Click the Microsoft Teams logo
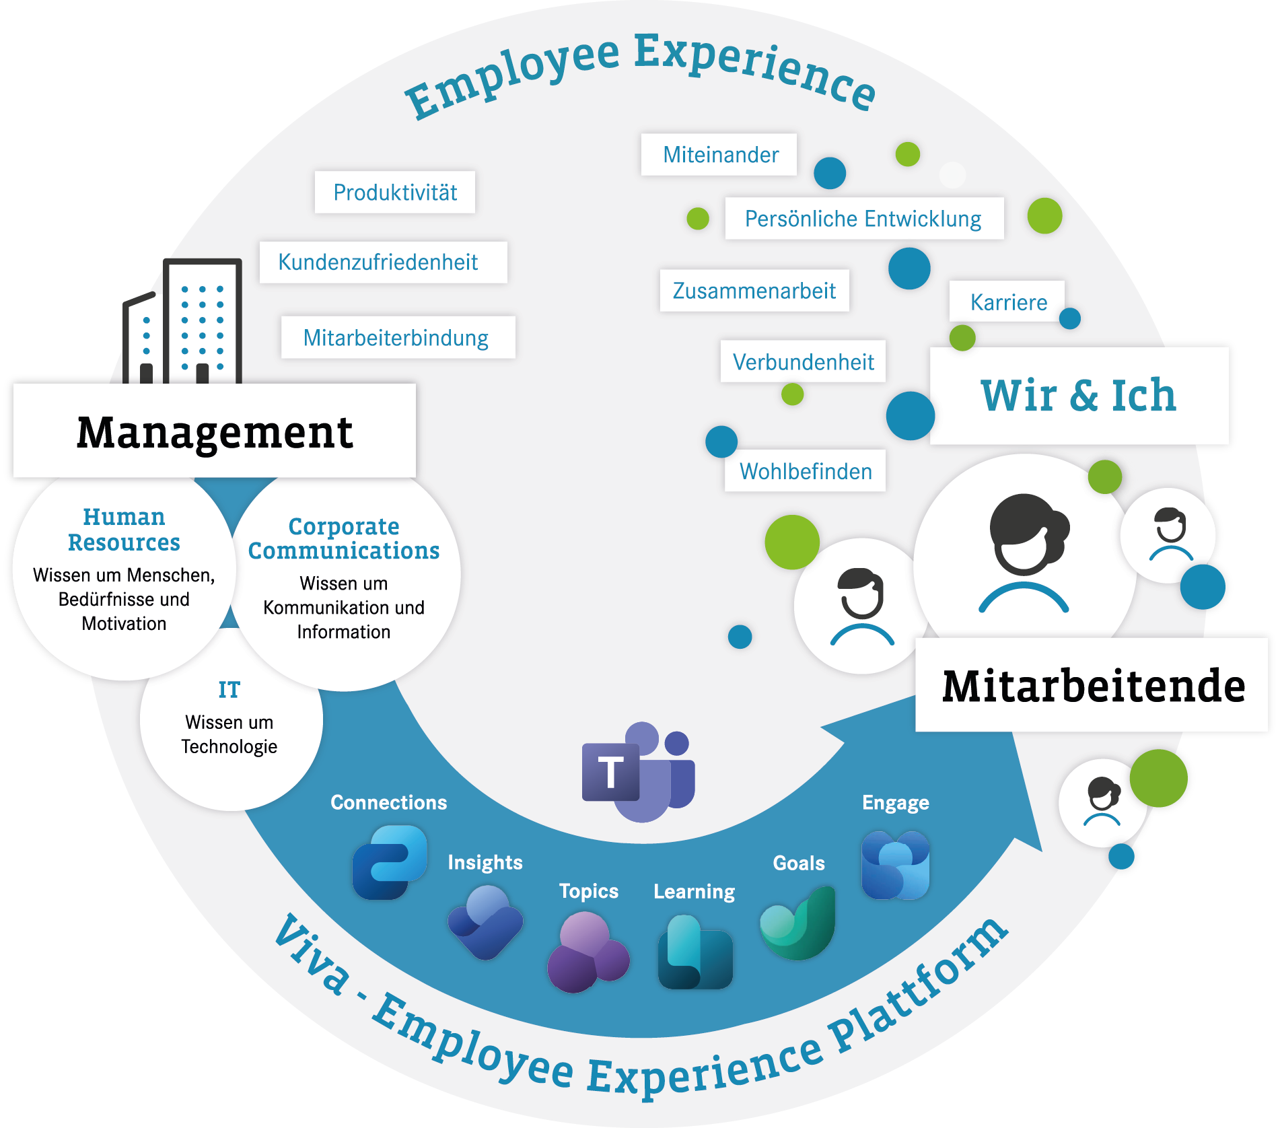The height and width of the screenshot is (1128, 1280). coord(638,772)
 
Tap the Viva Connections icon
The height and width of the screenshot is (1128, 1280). coord(390,862)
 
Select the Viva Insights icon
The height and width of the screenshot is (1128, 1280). coord(485,922)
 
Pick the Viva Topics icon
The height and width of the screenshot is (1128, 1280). coord(588,952)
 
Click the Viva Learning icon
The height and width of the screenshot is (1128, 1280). coord(695,952)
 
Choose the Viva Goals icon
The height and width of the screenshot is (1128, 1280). coord(797,923)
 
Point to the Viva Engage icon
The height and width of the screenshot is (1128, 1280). coord(896,865)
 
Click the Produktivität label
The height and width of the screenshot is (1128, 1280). coord(395,192)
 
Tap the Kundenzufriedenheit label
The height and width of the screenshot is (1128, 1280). coord(384,262)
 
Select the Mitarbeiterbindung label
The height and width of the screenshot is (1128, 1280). coord(398,337)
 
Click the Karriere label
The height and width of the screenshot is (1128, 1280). coord(1007,302)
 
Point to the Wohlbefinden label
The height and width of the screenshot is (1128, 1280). coord(805,470)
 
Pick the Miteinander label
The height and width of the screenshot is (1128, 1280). coord(719,154)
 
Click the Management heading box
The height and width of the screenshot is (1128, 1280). coord(215,431)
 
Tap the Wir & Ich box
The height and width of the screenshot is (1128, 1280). coord(1079,396)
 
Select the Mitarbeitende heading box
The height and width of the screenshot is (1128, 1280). coord(1092,685)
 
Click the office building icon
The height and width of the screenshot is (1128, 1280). coord(182,321)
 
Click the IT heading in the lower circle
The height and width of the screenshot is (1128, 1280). coord(229,690)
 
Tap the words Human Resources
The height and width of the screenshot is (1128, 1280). coord(124,530)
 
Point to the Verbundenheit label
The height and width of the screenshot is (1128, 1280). coord(803,361)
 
